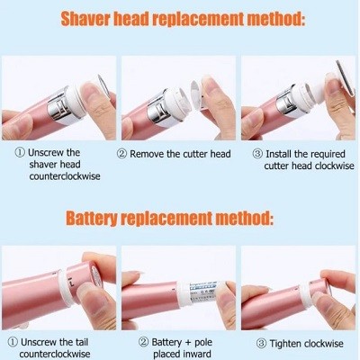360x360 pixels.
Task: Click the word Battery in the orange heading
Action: click(91, 218)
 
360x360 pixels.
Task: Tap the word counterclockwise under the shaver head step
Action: click(65, 176)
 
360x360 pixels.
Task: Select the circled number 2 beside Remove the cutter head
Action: click(121, 154)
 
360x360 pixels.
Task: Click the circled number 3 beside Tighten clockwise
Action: click(261, 344)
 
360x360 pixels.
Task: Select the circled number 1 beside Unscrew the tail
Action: click(13, 342)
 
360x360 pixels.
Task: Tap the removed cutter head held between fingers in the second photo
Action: click(197, 94)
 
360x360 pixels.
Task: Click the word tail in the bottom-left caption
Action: click(80, 342)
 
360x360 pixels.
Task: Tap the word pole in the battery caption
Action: click(203, 343)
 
